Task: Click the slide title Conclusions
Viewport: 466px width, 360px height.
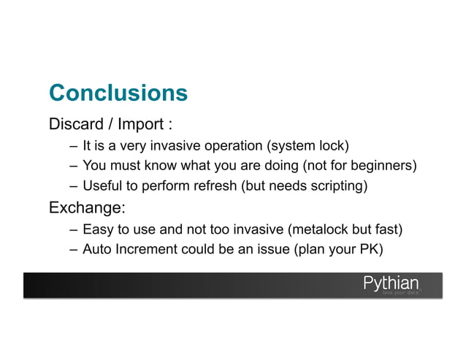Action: (x=118, y=93)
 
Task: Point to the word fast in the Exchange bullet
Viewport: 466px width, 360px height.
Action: (x=386, y=230)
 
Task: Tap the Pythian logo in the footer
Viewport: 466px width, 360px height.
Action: (x=391, y=282)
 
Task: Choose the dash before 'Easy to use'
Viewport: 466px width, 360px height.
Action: (x=74, y=230)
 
